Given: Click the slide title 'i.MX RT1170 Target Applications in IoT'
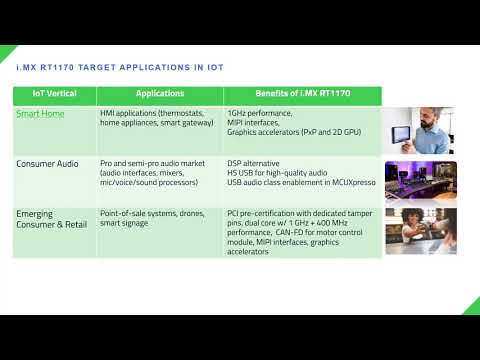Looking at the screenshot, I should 116,68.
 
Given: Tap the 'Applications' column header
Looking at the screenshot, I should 160,94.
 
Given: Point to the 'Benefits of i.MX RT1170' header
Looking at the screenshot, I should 303,94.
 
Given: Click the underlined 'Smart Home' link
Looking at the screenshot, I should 40,114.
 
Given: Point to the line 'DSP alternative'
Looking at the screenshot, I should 256,162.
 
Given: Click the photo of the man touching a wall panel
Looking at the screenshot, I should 420,130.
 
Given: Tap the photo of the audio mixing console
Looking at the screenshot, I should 420,180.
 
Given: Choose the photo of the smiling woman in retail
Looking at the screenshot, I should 420,230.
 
